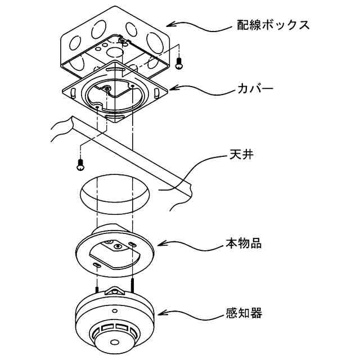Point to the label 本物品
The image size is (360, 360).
click(244, 245)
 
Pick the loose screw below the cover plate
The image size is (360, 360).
click(80, 165)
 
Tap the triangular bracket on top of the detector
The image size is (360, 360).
click(116, 291)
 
